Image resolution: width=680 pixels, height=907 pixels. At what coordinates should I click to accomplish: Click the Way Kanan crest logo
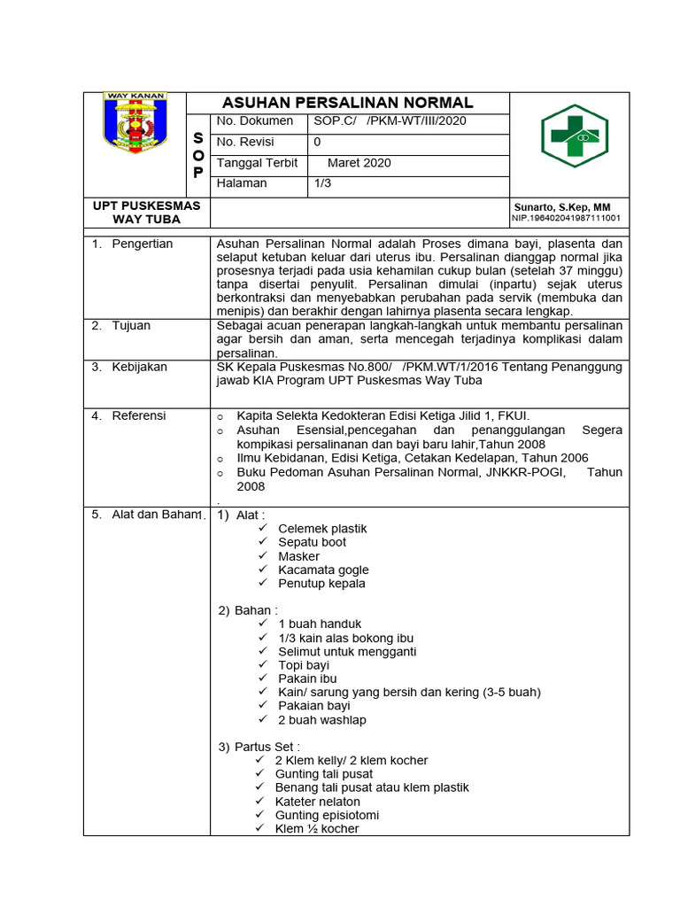(135, 123)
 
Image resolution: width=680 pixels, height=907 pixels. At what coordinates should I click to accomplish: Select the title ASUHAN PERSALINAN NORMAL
(347, 103)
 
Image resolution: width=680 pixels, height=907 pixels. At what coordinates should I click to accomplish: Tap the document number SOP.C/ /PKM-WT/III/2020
(390, 121)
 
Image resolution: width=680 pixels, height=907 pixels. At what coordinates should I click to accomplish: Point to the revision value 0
(318, 142)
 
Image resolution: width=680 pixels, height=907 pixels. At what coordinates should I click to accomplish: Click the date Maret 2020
(359, 163)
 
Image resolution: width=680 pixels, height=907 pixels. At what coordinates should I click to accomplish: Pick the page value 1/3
(322, 183)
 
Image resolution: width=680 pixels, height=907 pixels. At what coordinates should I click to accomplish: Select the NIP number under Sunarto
(566, 218)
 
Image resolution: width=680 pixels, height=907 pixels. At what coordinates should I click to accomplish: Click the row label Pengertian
(142, 244)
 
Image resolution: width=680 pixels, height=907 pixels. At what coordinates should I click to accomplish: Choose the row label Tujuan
(131, 325)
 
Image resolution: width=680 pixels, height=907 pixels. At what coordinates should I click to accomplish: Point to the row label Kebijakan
(139, 367)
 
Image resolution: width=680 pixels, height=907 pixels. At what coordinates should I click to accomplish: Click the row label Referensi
(138, 415)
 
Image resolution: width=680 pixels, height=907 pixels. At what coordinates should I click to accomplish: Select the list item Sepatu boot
(312, 542)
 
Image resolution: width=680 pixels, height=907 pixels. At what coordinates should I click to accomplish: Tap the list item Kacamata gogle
(323, 570)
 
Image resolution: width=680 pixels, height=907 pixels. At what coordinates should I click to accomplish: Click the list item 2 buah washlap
(321, 720)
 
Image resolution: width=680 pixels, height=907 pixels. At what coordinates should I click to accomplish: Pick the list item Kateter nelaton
(317, 802)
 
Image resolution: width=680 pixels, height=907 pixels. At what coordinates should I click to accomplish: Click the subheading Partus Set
(267, 747)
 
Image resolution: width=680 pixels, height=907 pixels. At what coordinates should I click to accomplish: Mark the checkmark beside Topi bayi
(262, 664)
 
